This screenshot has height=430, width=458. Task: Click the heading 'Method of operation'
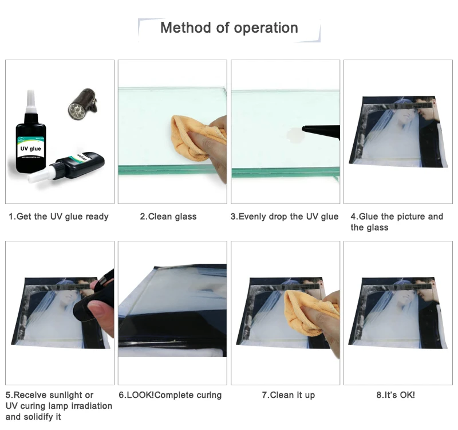[229, 28]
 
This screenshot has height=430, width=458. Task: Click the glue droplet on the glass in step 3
[294, 135]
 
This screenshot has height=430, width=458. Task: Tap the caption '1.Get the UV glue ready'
[58, 217]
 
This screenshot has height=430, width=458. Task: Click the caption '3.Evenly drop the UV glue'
[285, 217]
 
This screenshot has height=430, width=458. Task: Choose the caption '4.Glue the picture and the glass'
[397, 222]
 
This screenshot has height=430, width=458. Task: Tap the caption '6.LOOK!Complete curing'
[170, 395]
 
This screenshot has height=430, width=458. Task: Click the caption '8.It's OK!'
[396, 395]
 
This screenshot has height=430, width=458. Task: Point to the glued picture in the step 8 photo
[398, 312]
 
